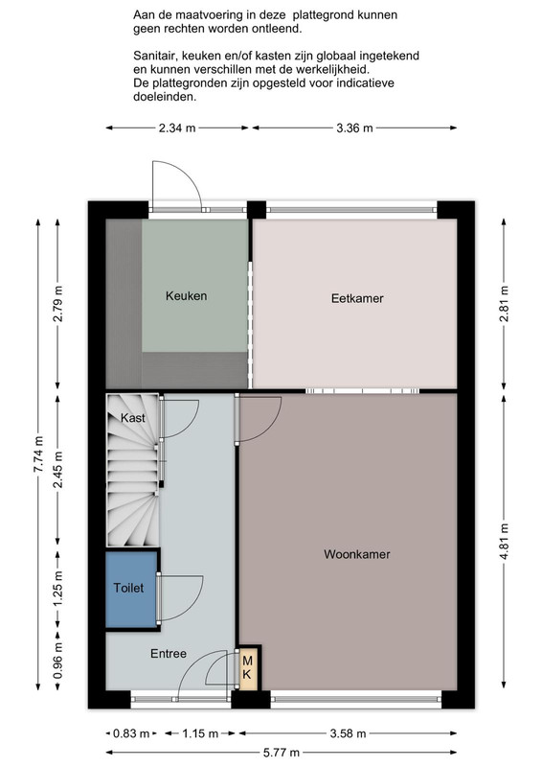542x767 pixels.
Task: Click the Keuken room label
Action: coord(186,296)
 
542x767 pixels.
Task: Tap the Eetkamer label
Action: coord(357,298)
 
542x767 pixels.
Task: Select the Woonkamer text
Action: coord(357,554)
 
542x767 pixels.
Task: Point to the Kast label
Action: coord(133,418)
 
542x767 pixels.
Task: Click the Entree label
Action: coord(169,654)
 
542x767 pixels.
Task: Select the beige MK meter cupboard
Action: coord(248,667)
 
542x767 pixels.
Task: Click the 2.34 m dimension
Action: coord(177,128)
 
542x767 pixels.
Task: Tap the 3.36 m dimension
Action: coord(354,128)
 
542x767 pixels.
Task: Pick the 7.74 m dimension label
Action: coord(38,454)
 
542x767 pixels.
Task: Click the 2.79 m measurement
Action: coord(58,303)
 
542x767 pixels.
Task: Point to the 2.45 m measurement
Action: coord(58,470)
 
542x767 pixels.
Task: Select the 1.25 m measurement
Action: coord(58,589)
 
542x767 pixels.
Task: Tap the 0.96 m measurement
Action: coord(58,661)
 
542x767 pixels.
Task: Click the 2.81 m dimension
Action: coord(504,303)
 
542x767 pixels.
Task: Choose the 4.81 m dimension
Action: coord(504,542)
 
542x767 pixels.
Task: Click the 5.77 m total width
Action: coord(281,753)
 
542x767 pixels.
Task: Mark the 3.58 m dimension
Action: coord(348,733)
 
